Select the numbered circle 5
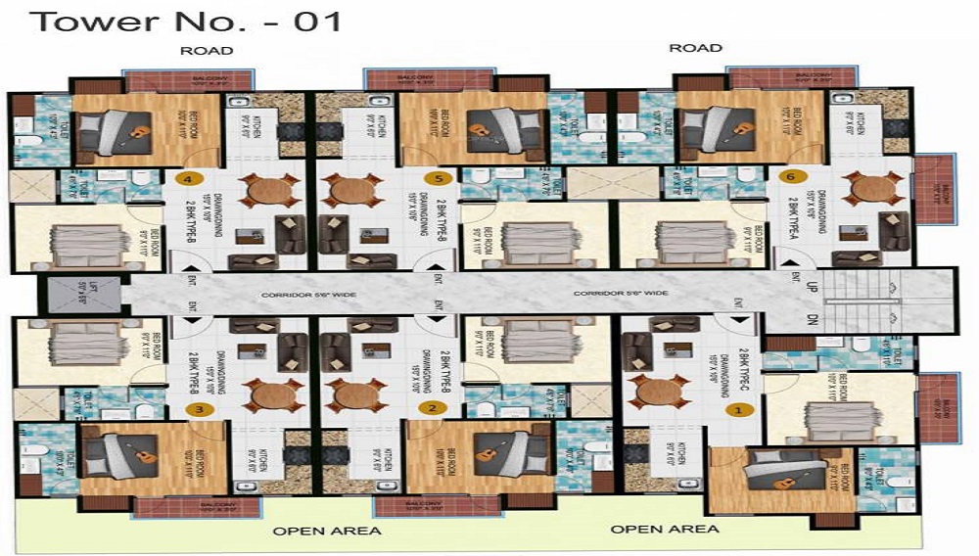point(440,179)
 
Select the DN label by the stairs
point(811,318)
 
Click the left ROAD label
point(207,50)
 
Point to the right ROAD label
point(696,48)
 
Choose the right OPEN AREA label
point(665,530)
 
